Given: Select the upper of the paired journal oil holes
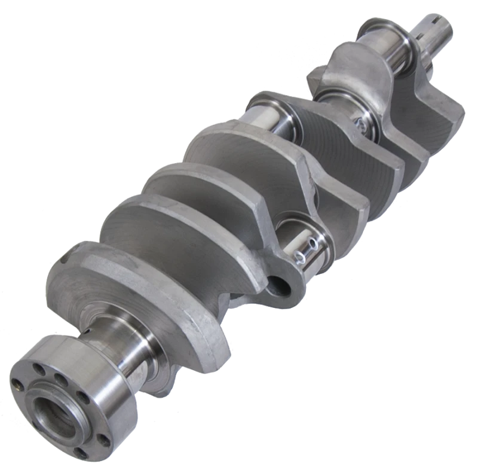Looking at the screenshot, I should pyautogui.click(x=310, y=243).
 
